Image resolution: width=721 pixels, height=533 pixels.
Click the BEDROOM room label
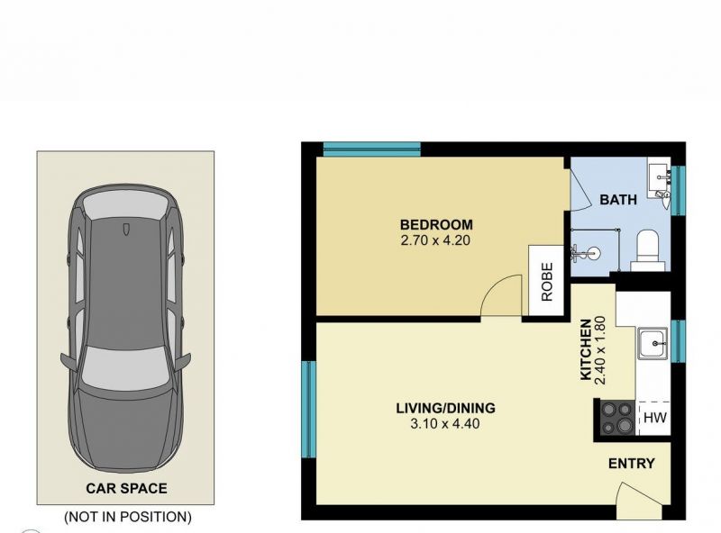[x=436, y=225]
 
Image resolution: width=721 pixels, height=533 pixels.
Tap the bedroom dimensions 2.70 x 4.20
[x=435, y=240]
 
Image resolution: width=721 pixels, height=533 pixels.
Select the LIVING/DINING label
[x=445, y=408]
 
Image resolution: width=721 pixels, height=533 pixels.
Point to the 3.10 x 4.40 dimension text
[x=444, y=424]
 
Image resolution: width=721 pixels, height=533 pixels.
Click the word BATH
[x=618, y=200]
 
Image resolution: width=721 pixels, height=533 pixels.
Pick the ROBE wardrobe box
[x=546, y=280]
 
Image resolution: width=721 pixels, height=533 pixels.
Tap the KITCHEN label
[x=586, y=349]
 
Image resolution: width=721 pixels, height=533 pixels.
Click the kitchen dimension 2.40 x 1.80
[x=601, y=350]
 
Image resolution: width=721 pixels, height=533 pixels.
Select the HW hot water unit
[x=654, y=418]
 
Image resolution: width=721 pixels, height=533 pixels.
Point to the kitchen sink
[x=652, y=343]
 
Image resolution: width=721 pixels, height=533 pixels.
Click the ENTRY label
[x=632, y=464]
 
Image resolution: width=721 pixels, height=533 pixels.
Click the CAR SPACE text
[x=126, y=488]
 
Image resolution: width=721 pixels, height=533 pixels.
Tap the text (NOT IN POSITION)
[x=128, y=517]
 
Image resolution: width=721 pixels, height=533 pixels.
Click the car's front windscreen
[x=124, y=366]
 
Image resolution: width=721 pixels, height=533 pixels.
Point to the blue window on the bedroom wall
[x=372, y=149]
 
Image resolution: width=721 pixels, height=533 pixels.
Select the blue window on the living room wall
[x=309, y=409]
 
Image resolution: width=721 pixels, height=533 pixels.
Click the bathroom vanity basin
[x=660, y=178]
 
